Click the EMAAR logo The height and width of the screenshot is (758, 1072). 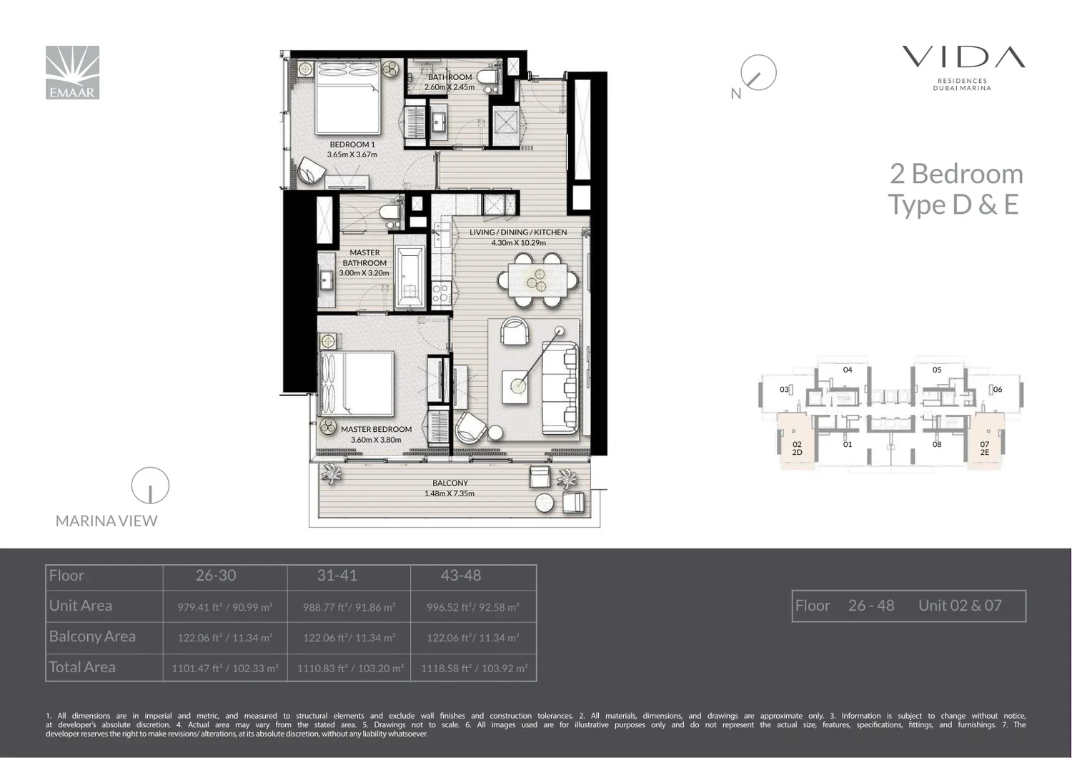[72, 72]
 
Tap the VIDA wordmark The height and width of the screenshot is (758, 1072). [963, 57]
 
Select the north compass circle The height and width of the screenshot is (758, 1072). [758, 72]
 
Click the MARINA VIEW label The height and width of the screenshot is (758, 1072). [106, 521]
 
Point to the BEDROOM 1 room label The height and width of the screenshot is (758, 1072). [352, 144]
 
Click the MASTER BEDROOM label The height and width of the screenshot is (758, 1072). [376, 429]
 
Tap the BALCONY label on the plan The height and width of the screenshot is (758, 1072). [450, 483]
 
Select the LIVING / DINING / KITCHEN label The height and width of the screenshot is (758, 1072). [518, 232]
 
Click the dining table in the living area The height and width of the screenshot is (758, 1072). [538, 280]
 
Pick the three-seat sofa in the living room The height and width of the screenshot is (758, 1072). [560, 388]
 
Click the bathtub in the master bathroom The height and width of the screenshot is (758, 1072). [410, 276]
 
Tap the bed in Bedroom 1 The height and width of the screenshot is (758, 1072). [348, 97]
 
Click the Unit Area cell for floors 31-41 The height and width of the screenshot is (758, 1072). [349, 607]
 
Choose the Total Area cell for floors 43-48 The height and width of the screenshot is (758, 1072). [474, 668]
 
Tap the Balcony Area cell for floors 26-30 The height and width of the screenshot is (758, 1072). [225, 638]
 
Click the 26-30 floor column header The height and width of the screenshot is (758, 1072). [216, 575]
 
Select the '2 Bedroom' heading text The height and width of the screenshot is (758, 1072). [956, 174]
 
